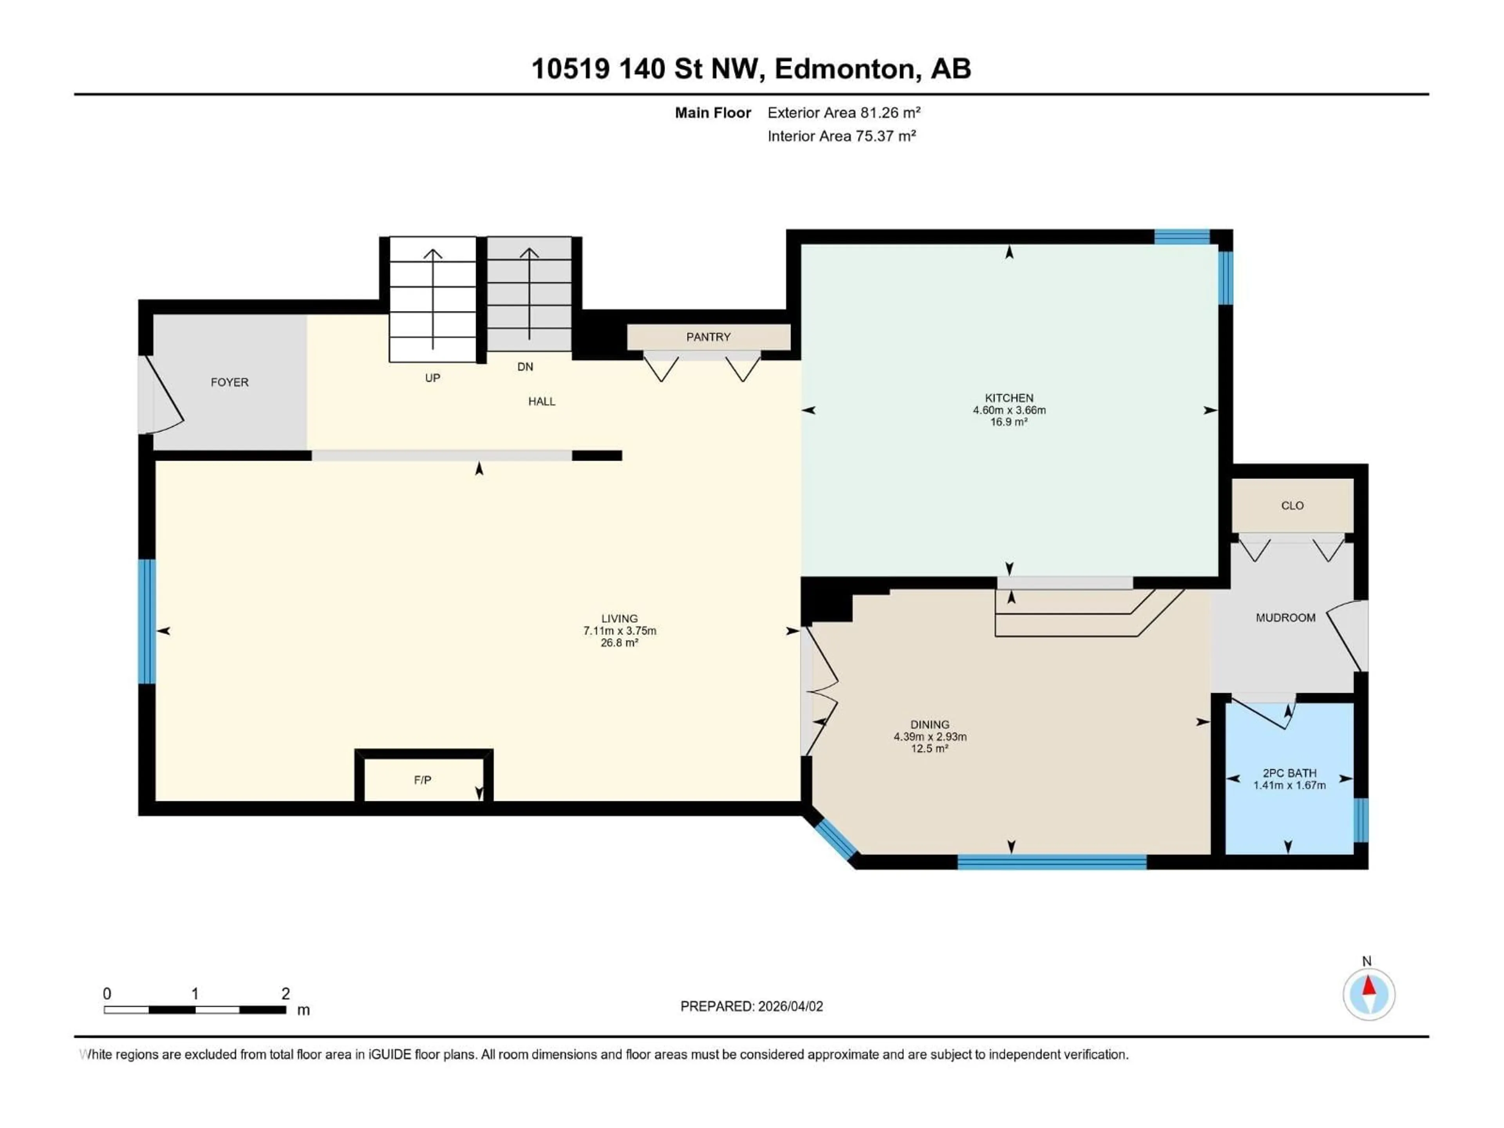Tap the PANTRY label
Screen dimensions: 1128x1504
[708, 336]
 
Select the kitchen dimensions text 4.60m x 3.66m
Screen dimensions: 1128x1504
[1009, 410]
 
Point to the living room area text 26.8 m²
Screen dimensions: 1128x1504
[619, 643]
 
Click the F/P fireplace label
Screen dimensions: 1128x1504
[422, 780]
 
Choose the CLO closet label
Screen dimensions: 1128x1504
[1292, 505]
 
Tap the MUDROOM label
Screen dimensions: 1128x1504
[1285, 617]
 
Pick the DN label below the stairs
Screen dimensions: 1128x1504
[525, 367]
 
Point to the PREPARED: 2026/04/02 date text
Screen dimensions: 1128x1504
[751, 1006]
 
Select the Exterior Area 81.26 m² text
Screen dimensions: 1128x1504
[843, 113]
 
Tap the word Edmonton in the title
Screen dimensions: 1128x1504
[844, 69]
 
